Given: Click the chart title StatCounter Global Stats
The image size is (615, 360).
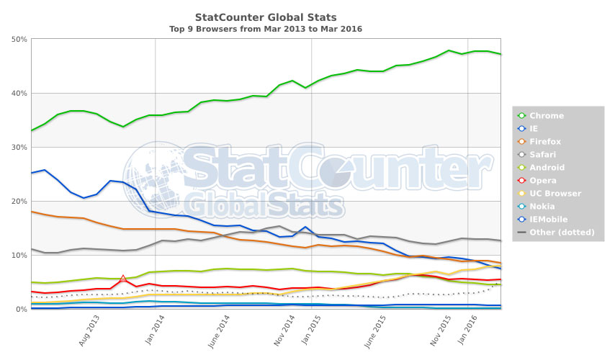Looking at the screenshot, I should click(266, 17).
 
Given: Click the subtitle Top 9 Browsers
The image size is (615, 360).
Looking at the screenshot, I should click(266, 29).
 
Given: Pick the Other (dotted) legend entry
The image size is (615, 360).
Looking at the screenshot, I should click(562, 233).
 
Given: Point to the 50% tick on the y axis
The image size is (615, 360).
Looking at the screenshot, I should click(19, 39).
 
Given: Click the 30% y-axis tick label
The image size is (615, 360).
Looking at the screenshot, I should click(19, 147).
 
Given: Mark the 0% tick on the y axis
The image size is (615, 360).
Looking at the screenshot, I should click(21, 309).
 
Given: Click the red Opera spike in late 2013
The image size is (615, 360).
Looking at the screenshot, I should click(123, 277).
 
